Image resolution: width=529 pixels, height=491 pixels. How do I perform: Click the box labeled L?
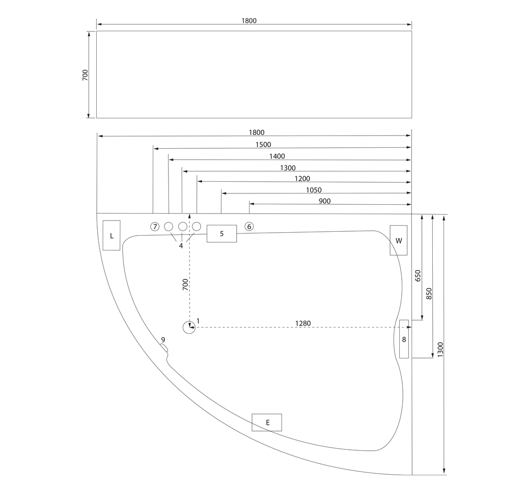click(x=111, y=236)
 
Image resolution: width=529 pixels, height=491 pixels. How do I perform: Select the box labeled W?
click(x=398, y=240)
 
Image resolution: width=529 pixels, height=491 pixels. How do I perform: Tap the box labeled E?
click(x=267, y=422)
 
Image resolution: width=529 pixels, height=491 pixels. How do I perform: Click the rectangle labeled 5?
click(x=222, y=233)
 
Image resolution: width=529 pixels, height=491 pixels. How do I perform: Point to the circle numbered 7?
click(x=155, y=226)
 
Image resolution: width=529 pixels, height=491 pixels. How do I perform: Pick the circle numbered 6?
click(x=249, y=226)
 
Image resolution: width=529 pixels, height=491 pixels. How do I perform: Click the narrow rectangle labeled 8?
click(x=404, y=339)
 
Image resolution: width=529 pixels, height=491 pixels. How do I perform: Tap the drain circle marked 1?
click(x=189, y=327)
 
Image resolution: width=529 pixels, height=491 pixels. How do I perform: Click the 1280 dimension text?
click(x=303, y=323)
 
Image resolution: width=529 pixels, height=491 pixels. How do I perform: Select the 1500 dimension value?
click(x=263, y=145)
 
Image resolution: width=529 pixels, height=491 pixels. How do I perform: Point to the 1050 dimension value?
click(x=313, y=190)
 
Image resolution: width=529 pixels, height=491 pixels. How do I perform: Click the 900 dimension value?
click(x=324, y=201)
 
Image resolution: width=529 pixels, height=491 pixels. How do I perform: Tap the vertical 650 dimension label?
click(x=418, y=275)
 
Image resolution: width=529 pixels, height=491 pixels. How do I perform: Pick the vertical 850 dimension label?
click(x=429, y=293)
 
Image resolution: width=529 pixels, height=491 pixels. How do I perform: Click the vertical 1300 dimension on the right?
click(x=440, y=349)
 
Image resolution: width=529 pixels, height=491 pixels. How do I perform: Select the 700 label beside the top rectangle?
click(x=85, y=75)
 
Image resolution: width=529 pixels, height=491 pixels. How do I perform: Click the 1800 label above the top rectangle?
click(x=249, y=21)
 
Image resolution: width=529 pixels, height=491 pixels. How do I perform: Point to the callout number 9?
click(x=163, y=340)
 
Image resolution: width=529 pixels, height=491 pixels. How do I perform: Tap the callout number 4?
click(x=181, y=245)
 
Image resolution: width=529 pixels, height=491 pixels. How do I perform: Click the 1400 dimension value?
click(x=277, y=156)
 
